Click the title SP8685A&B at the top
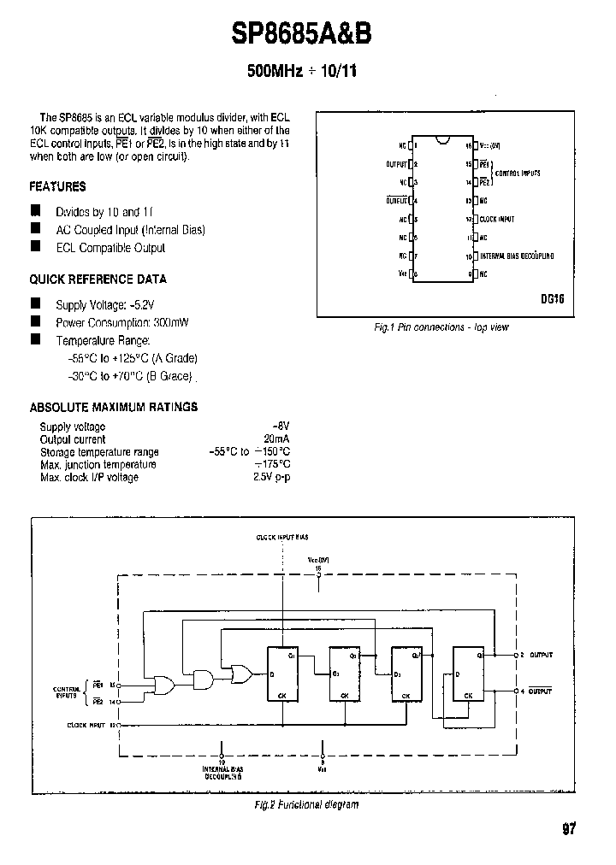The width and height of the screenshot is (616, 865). [x=301, y=33]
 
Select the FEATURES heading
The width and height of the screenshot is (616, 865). [x=57, y=186]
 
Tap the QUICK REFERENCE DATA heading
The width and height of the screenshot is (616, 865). [x=98, y=280]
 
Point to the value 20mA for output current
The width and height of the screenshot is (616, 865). [x=276, y=439]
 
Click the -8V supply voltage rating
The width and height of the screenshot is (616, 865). [x=281, y=427]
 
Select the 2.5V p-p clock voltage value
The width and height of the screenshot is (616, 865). [x=272, y=477]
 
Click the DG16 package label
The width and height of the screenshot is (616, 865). [x=552, y=300]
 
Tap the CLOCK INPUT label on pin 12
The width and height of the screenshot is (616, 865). [x=496, y=220]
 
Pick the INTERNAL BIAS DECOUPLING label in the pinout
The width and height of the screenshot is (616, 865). [x=517, y=256]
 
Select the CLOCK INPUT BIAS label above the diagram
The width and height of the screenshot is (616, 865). [x=282, y=537]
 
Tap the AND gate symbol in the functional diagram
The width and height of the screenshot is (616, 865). [x=204, y=680]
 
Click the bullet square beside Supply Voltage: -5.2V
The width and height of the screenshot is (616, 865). [x=35, y=303]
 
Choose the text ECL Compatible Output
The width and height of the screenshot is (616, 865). [x=110, y=248]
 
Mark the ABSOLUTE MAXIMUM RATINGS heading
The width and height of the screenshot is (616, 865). [x=113, y=407]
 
